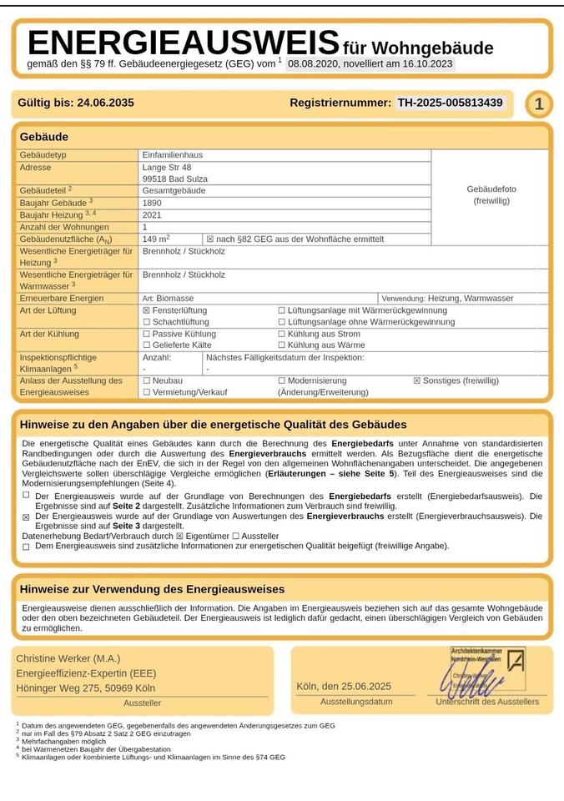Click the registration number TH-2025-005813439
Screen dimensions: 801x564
(450, 103)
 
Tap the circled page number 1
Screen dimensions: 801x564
(539, 104)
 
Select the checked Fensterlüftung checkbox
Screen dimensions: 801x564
(147, 310)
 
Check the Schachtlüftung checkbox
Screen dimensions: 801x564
(147, 322)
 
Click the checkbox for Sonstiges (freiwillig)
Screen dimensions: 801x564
(417, 380)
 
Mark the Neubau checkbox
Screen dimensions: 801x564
(147, 380)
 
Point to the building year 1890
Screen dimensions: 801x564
(153, 203)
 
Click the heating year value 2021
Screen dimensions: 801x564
(153, 214)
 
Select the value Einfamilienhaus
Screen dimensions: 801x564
(173, 155)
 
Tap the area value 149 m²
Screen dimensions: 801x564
(157, 239)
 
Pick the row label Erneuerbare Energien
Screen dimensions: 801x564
(62, 298)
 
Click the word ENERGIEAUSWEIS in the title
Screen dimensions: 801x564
(183, 43)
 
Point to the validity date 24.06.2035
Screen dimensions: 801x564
(105, 103)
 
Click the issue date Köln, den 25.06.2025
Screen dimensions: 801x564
(344, 686)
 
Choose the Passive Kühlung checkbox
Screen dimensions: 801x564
(147, 334)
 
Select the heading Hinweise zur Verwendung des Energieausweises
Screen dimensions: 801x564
(152, 589)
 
